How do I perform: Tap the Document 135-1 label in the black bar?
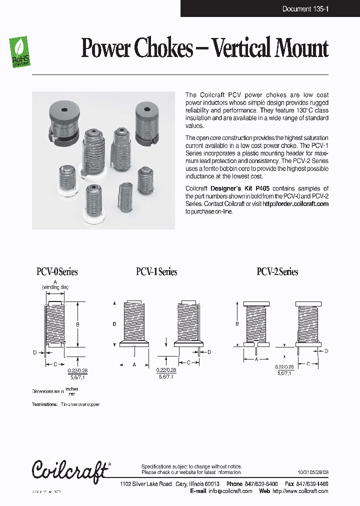(x=305, y=9)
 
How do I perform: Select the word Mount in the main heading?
(x=300, y=48)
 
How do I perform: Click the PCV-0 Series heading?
(x=57, y=272)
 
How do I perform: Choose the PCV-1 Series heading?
(x=156, y=272)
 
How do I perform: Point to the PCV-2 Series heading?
(x=277, y=272)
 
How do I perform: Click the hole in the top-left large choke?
(x=64, y=109)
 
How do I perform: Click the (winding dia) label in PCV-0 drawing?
(x=55, y=287)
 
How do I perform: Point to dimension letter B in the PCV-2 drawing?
(x=237, y=323)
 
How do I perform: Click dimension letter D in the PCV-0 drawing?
(x=35, y=352)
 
